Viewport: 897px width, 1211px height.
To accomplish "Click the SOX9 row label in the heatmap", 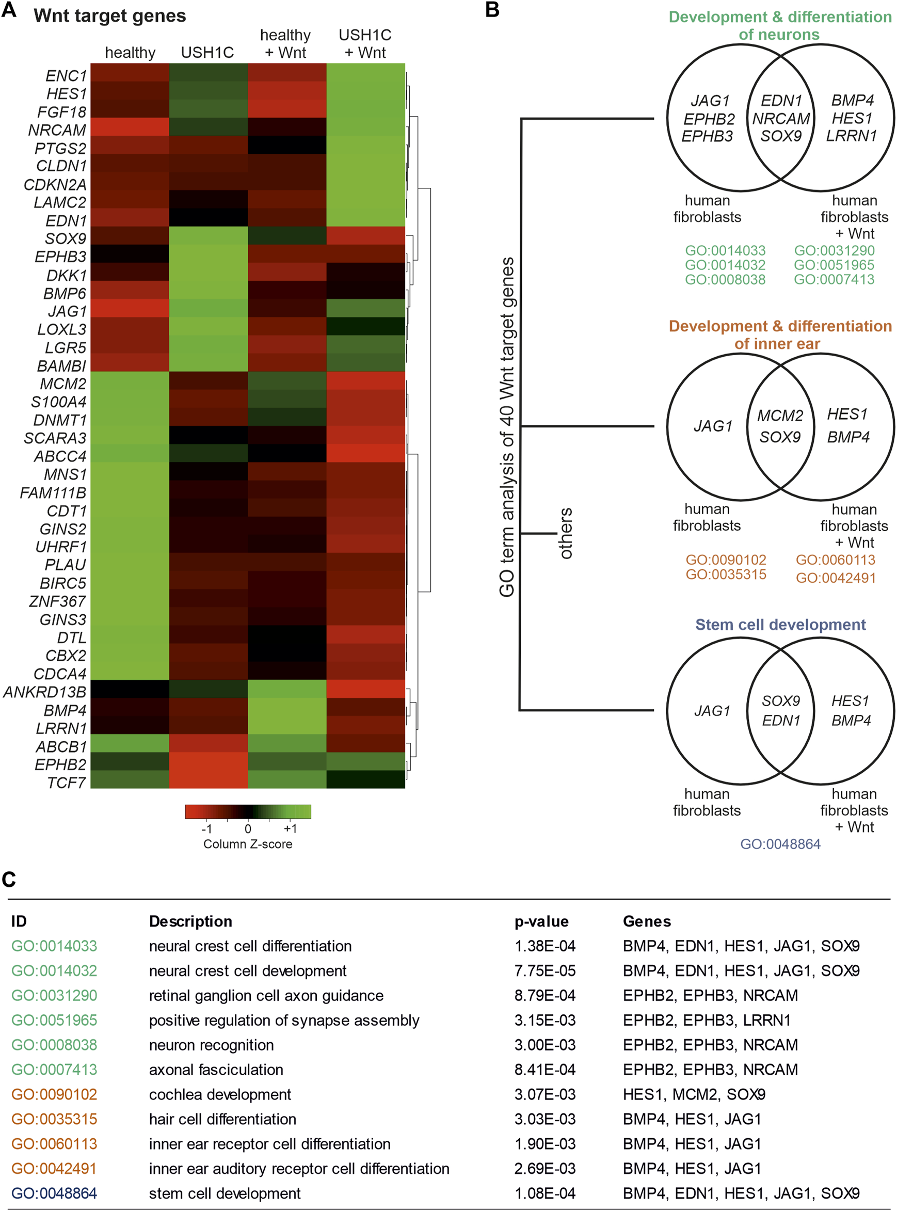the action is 66,238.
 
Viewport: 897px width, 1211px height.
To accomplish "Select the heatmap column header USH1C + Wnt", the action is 365,43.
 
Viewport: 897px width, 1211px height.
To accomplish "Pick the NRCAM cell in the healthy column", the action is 130,127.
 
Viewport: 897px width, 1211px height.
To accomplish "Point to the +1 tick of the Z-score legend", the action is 291,828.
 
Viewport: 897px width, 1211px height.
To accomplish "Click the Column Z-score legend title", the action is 248,844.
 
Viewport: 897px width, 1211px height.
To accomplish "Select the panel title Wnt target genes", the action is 110,16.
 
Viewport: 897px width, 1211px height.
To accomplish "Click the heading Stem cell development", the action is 780,625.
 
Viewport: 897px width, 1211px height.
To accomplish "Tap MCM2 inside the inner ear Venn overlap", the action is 780,416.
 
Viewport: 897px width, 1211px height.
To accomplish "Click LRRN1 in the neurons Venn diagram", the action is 852,136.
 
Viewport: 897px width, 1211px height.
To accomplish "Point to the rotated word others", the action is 565,533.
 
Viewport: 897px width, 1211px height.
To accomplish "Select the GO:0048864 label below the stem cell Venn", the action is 780,844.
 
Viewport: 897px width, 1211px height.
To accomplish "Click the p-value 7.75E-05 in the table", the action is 544,970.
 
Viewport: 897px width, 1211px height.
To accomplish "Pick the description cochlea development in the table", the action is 220,1094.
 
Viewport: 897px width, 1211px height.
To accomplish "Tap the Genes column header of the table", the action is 647,921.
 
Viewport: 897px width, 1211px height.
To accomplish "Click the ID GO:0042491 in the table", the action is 54,1168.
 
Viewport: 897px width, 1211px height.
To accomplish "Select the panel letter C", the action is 9,880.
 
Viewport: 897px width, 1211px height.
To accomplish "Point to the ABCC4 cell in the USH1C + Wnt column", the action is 365,455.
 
